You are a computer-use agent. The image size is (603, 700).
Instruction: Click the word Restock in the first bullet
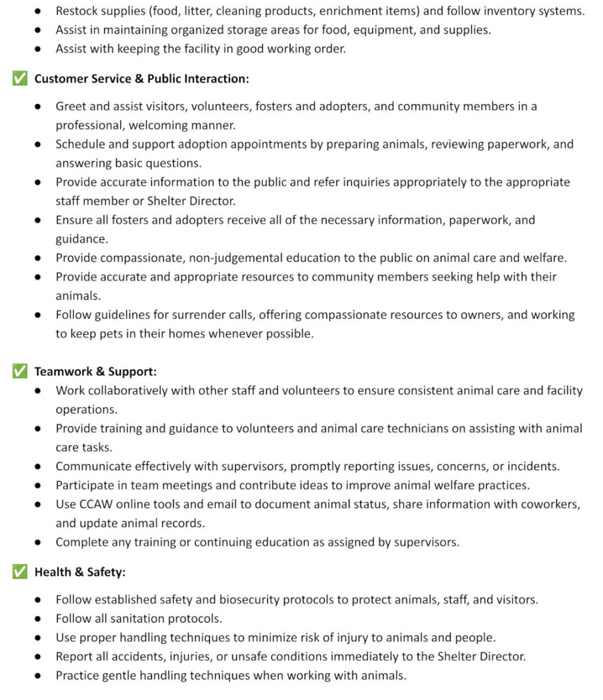[x=77, y=12]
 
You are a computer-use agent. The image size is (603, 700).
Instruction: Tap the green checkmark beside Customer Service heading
[x=20, y=79]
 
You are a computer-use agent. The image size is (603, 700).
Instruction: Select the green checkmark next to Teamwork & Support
[x=20, y=371]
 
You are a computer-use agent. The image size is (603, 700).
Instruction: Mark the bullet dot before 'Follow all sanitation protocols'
[x=40, y=619]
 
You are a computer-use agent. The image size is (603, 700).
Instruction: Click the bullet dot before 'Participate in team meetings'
[x=40, y=485]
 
